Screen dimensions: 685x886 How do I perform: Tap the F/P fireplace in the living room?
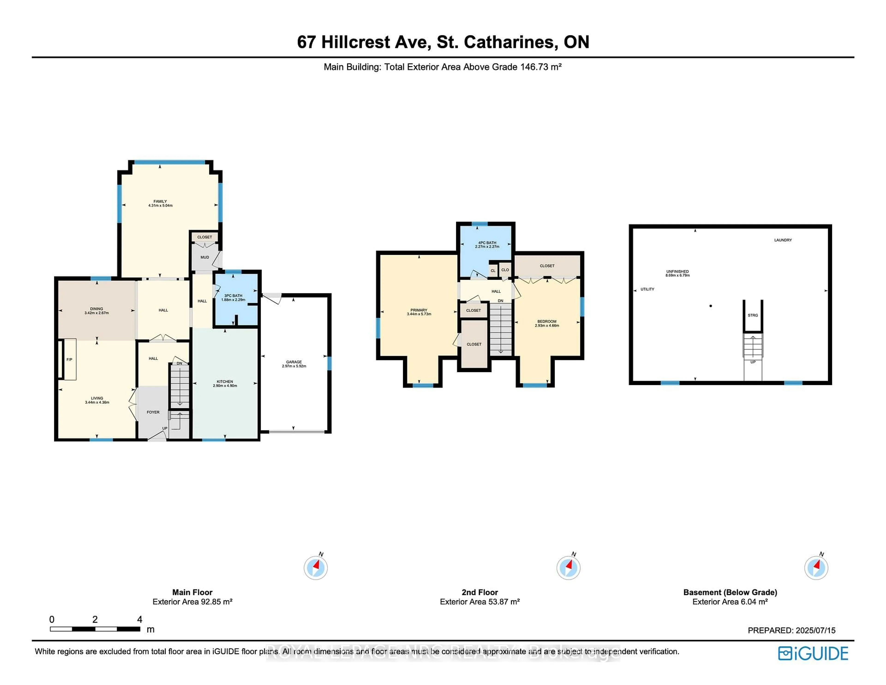tap(69, 360)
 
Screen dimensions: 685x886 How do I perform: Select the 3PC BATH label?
tap(233, 296)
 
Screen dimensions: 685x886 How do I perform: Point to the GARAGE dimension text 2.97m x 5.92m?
tap(294, 366)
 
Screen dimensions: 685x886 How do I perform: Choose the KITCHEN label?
tap(225, 382)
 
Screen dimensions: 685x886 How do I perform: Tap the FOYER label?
tap(153, 412)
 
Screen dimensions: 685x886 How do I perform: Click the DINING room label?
tap(96, 309)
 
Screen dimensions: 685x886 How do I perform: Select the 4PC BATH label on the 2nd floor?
tap(487, 243)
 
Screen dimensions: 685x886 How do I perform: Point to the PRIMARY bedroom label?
tap(419, 310)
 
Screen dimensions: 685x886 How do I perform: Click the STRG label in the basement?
tap(753, 315)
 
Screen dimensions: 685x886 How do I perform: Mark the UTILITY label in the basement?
tap(647, 289)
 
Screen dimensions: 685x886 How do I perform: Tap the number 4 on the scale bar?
tap(140, 619)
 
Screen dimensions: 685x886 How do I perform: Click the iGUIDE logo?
tap(813, 653)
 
